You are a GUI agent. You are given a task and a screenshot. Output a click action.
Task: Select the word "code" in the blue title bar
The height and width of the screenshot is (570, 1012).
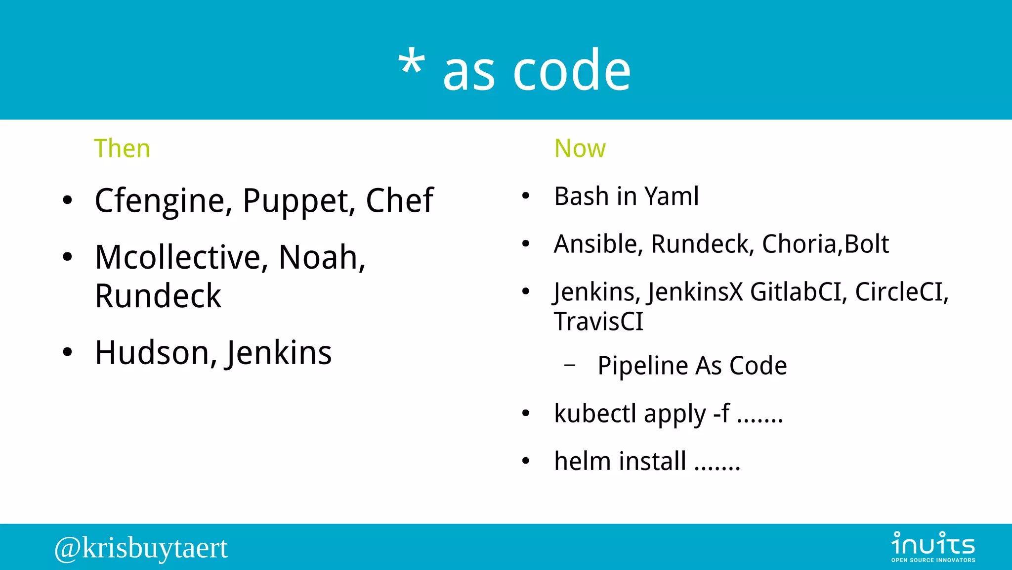(x=572, y=71)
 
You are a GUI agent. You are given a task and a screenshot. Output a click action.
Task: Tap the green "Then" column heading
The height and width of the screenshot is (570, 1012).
(x=122, y=148)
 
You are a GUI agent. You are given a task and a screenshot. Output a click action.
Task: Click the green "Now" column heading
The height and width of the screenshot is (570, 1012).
(x=580, y=148)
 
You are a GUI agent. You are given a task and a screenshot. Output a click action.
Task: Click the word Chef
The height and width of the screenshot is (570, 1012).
(x=399, y=200)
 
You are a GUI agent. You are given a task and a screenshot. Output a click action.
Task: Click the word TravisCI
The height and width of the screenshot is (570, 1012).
(x=598, y=322)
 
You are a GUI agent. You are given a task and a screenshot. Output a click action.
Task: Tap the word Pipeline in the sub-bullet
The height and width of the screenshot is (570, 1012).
(x=642, y=366)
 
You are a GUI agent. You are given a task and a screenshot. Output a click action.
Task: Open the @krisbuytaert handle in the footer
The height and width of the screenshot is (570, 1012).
(x=141, y=548)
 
